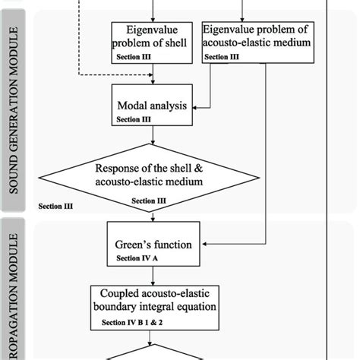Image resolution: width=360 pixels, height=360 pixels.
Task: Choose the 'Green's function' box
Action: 154,245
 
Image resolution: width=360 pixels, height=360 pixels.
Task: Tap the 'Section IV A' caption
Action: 137,259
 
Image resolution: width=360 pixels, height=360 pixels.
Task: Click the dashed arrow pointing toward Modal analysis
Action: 114,74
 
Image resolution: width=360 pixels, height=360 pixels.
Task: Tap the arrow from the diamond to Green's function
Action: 154,215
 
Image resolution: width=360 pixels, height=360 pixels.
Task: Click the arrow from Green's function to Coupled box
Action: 154,276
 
